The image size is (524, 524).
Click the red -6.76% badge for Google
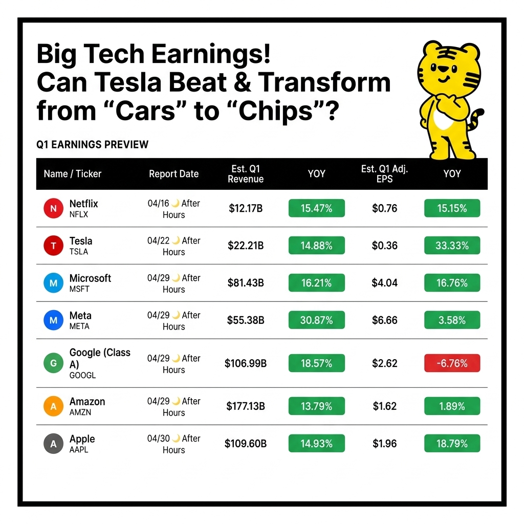(x=452, y=363)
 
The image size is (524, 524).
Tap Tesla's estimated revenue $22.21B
(x=246, y=246)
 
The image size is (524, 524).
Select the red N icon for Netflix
(x=53, y=208)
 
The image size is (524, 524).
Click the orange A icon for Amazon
(x=53, y=406)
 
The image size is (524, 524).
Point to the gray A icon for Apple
(x=53, y=444)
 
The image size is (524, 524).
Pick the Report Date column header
(x=174, y=174)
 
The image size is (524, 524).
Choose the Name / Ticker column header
(x=73, y=174)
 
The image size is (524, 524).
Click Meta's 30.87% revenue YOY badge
(x=316, y=320)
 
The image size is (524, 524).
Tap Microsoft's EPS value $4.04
(x=385, y=282)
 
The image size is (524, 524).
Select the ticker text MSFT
(x=79, y=289)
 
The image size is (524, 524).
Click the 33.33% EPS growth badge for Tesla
(x=452, y=245)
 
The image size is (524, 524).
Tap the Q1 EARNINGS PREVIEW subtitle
(x=92, y=144)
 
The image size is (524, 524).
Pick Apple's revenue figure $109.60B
(x=246, y=444)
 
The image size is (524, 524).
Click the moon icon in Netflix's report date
(x=176, y=203)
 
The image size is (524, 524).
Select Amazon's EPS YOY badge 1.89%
(x=452, y=406)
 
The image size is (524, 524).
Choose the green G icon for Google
(x=53, y=363)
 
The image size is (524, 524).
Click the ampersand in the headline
(x=242, y=82)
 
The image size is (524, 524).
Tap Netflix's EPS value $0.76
(x=385, y=208)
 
